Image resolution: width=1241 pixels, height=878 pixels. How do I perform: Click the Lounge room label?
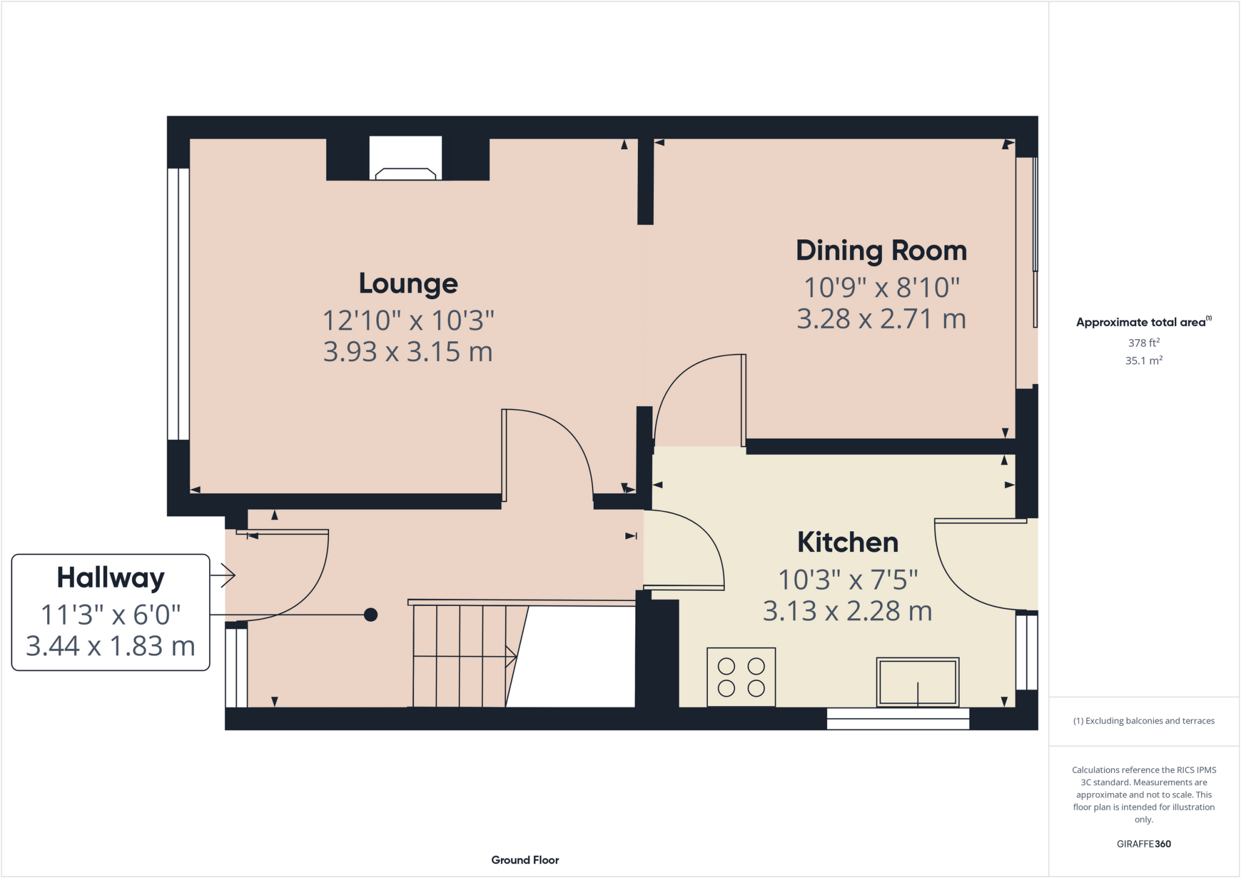(408, 284)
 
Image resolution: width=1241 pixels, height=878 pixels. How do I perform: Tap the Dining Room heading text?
(881, 251)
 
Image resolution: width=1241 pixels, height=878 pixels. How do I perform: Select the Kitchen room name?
(847, 542)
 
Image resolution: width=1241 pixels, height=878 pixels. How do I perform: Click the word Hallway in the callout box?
(111, 577)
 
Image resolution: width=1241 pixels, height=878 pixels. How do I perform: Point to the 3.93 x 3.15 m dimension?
(408, 352)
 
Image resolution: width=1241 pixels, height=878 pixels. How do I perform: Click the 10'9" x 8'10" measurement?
(881, 288)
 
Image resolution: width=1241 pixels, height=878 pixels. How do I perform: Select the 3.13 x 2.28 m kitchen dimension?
(847, 611)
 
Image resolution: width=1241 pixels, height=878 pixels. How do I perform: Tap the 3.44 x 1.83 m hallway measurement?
(111, 647)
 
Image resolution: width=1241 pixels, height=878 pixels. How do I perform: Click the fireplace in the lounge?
(405, 159)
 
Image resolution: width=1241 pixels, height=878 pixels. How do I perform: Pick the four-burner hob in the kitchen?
(740, 677)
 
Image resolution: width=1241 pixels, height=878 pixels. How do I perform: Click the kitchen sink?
(917, 682)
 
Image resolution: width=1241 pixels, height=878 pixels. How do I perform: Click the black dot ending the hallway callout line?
(371, 615)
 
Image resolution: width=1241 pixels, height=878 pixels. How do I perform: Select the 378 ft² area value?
(1143, 343)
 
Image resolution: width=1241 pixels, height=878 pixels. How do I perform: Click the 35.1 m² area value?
(1143, 361)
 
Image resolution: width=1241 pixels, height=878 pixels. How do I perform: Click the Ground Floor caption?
(525, 860)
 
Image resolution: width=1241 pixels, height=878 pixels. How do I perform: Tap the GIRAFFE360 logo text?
(1143, 843)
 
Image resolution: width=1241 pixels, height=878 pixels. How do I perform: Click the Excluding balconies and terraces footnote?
(1143, 720)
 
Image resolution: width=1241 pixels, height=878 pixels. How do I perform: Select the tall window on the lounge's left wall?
(178, 304)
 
